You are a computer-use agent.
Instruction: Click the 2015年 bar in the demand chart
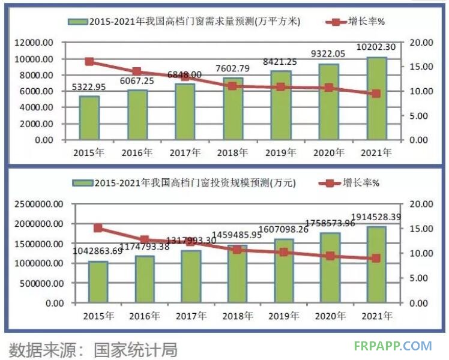pyautogui.click(x=89, y=118)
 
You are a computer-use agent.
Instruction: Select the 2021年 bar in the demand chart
pyautogui.click(x=376, y=98)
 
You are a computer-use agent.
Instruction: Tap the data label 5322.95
pyautogui.click(x=88, y=87)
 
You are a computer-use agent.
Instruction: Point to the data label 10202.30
pyautogui.click(x=376, y=47)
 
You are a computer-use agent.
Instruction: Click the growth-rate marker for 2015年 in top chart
pyautogui.click(x=89, y=61)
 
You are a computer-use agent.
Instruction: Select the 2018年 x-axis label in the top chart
pyautogui.click(x=232, y=152)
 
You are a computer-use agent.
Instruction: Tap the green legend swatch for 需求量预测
pyautogui.click(x=77, y=22)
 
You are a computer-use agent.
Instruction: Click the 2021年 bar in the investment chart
pyautogui.click(x=376, y=264)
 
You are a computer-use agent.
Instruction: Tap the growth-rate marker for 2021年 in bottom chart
pyautogui.click(x=376, y=258)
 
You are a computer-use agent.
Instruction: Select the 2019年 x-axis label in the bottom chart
pyautogui.click(x=280, y=316)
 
